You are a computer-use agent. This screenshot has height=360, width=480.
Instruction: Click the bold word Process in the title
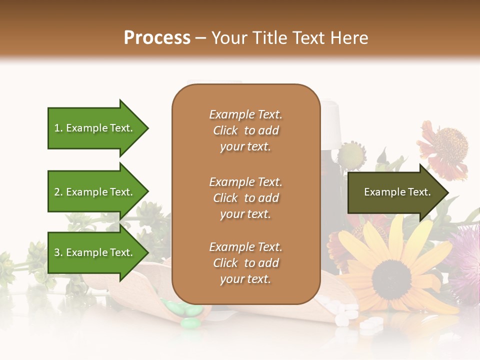click(x=157, y=38)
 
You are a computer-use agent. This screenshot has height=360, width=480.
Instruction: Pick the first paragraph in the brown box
click(x=245, y=130)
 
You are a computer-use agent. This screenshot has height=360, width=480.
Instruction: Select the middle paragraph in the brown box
click(x=245, y=198)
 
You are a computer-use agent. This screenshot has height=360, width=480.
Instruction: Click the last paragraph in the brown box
click(x=245, y=263)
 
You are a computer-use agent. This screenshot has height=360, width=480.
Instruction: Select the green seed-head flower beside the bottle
click(x=351, y=156)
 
